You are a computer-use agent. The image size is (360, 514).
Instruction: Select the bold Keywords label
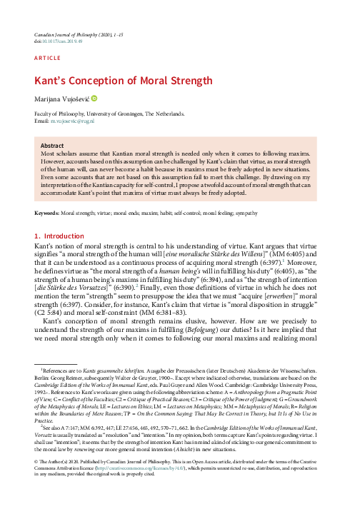pyautogui.click(x=48, y=213)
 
